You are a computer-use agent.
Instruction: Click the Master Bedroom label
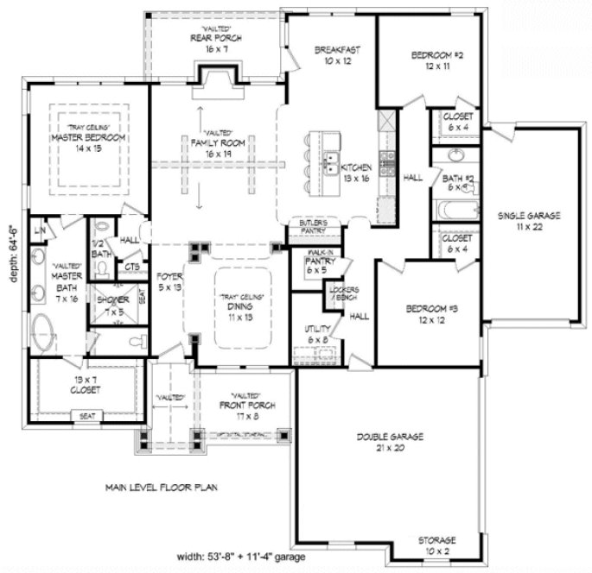coord(88,137)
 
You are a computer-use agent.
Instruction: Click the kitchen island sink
coord(330,161)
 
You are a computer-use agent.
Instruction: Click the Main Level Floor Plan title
coord(162,487)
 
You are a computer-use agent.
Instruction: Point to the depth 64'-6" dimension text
coord(12,251)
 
